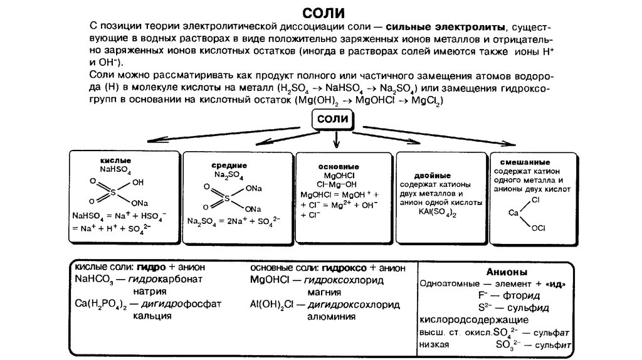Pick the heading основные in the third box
point(339,166)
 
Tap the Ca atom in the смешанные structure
point(513,213)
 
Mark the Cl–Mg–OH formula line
point(337,184)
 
